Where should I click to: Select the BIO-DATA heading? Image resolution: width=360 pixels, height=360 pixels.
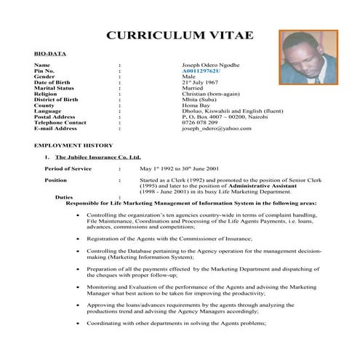pyautogui.click(x=46, y=55)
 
